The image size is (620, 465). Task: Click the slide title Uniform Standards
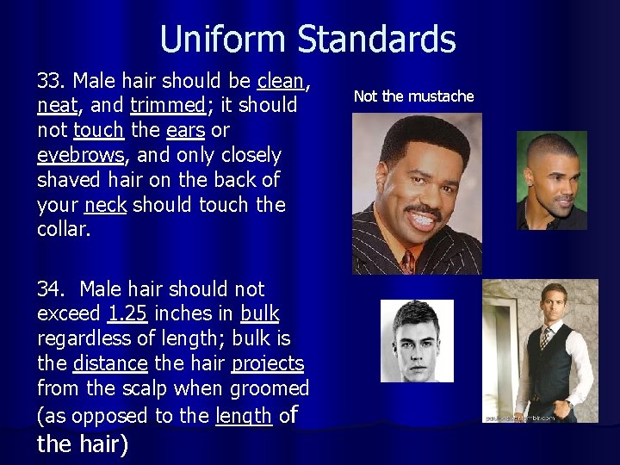coord(307,40)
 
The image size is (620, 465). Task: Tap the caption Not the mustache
coord(413,96)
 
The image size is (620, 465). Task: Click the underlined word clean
coord(281,81)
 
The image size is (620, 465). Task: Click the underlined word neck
coord(105,206)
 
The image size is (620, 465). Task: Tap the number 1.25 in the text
coord(127,314)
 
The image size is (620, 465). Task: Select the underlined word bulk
coord(259,314)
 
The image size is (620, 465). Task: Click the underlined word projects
coord(269,364)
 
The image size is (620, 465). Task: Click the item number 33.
coord(52,81)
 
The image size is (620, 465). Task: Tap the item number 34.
coord(53,289)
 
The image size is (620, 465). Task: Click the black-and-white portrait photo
coord(417,340)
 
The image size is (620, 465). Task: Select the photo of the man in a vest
coord(540,350)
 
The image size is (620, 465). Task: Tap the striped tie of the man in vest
coord(545,337)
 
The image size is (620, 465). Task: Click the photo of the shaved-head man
coord(551,180)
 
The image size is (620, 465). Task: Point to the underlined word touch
coord(99,131)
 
